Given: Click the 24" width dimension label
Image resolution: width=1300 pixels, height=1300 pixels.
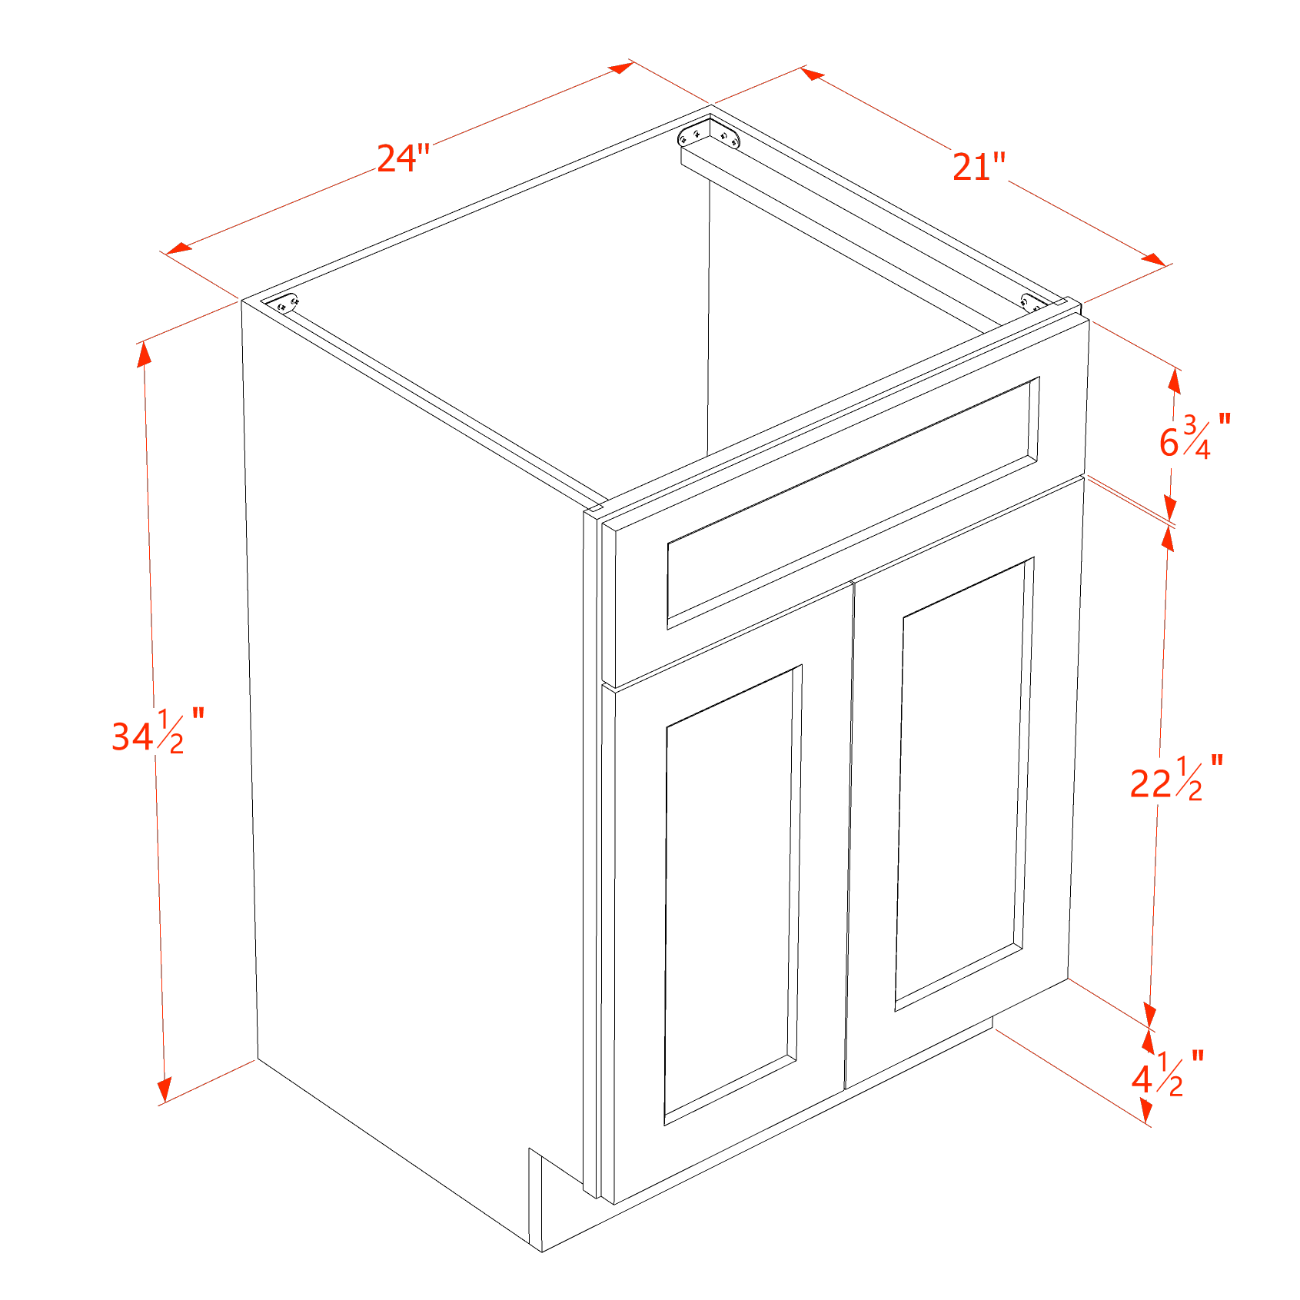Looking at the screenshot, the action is (x=403, y=158).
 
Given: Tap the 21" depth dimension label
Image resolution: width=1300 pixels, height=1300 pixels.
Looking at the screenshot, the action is (x=979, y=166).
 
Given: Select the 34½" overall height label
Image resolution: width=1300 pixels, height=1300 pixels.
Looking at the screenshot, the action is (x=158, y=731).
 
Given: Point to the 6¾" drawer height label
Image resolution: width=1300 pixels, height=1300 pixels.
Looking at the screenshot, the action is (x=1195, y=437).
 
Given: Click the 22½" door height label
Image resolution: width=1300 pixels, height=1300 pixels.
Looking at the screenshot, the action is (x=1176, y=778).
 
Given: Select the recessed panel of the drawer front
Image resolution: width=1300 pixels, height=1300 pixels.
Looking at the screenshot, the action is (x=853, y=503).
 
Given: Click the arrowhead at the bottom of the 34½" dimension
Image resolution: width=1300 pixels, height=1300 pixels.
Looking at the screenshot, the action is (x=164, y=1090).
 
